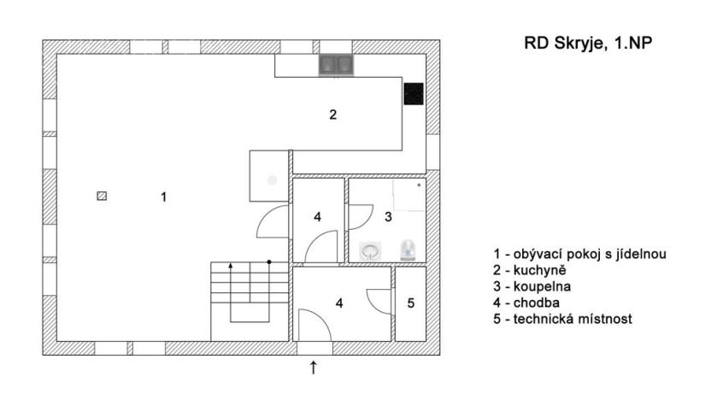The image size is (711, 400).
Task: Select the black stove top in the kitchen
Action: pyautogui.click(x=414, y=93)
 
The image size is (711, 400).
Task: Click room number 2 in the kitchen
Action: pyautogui.click(x=333, y=115)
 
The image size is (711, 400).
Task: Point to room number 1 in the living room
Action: pyautogui.click(x=163, y=197)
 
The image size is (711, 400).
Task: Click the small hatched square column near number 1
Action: pyautogui.click(x=103, y=196)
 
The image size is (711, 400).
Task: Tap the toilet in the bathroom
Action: pyautogui.click(x=409, y=249)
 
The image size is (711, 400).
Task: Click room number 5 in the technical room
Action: pyautogui.click(x=410, y=303)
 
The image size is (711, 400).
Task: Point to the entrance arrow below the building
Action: pyautogui.click(x=314, y=368)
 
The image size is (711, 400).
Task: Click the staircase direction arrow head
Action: pyautogui.click(x=231, y=268)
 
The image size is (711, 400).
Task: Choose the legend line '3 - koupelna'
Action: pyautogui.click(x=524, y=286)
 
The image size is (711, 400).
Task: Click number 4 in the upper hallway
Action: pyautogui.click(x=317, y=217)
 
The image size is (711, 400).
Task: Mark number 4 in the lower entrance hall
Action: pyautogui.click(x=339, y=303)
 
